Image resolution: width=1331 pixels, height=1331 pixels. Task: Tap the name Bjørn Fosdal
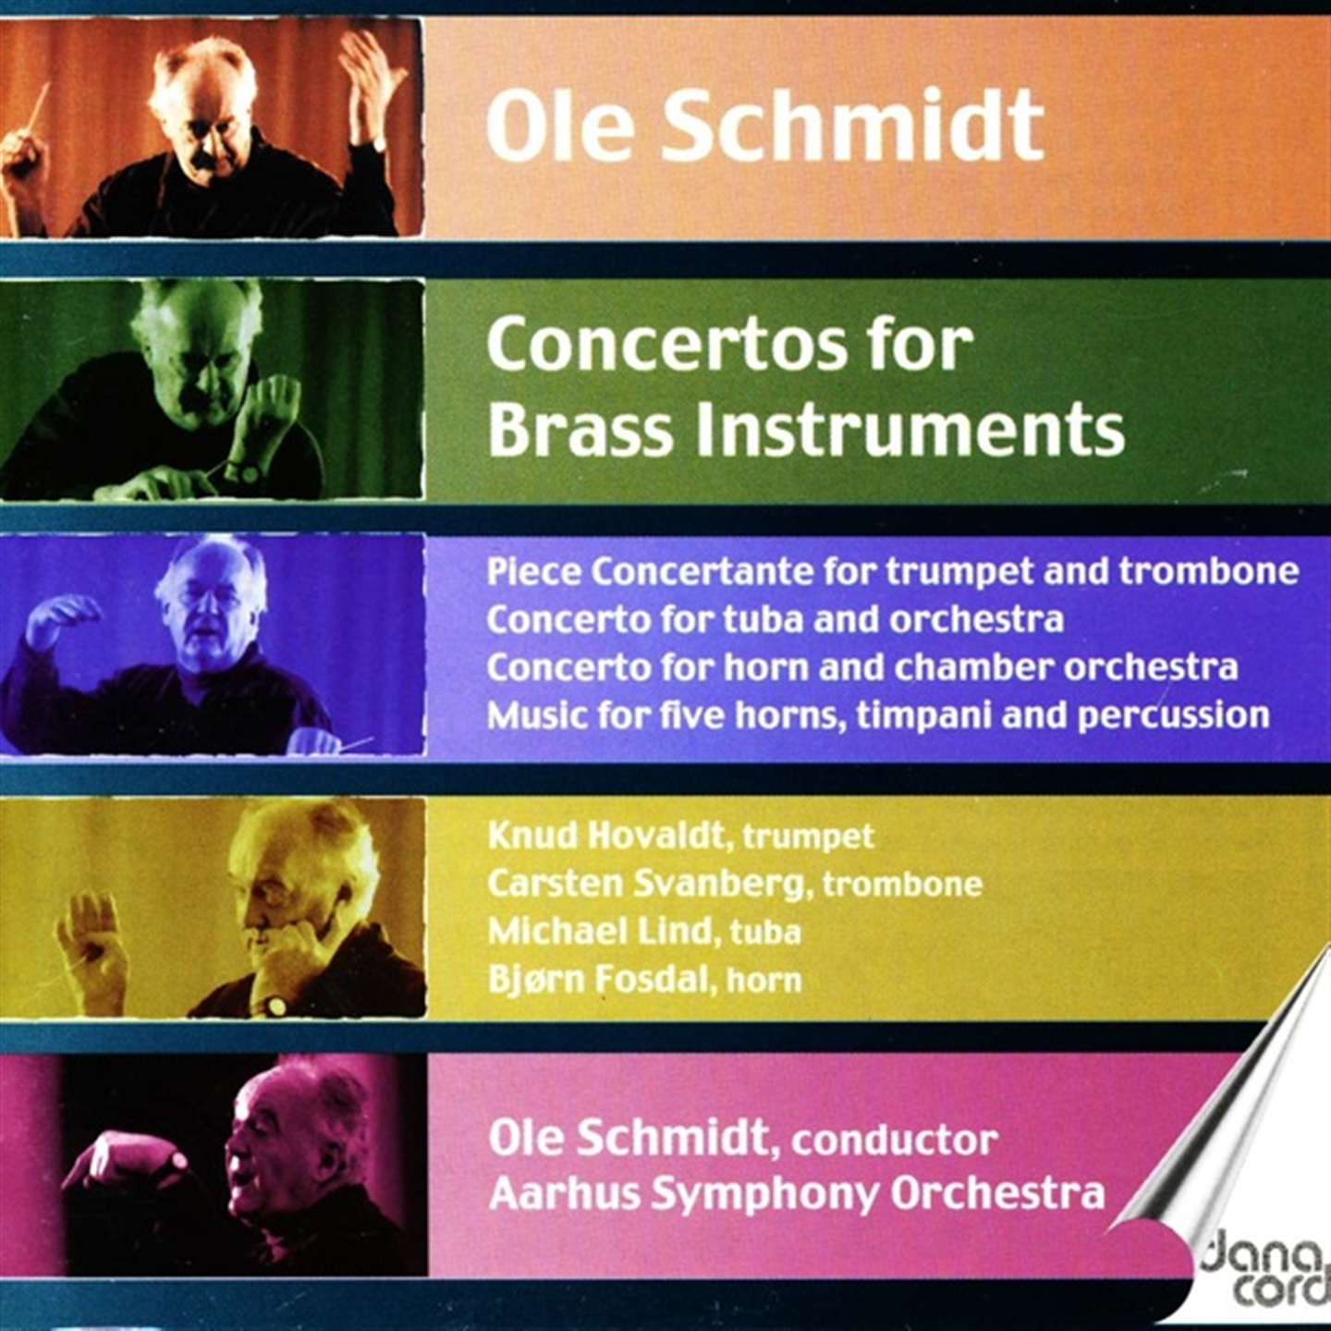click(598, 981)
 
